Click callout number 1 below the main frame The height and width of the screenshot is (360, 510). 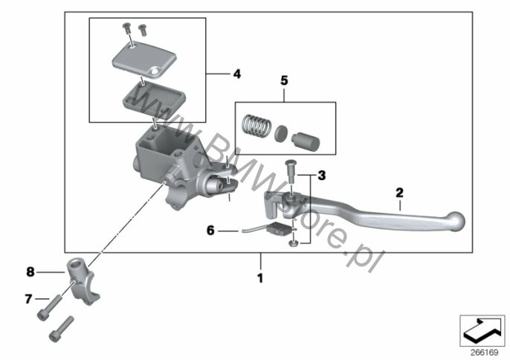[260, 278]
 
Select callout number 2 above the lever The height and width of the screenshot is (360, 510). [399, 193]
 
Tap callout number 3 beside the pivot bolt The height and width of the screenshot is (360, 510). [321, 176]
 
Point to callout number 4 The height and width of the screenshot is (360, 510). [237, 74]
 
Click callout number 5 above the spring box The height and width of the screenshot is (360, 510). [284, 80]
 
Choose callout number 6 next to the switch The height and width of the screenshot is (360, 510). [211, 231]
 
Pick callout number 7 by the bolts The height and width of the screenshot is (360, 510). [28, 298]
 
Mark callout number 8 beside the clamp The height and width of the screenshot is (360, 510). [30, 271]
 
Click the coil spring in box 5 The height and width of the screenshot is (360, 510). [256, 125]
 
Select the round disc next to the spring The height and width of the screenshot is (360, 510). [281, 134]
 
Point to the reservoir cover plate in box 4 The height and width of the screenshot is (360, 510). [144, 60]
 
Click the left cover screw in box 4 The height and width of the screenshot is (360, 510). [126, 28]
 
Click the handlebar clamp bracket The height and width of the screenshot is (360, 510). [83, 280]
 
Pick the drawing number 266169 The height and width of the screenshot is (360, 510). [484, 353]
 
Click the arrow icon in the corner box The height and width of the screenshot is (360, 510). [482, 330]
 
